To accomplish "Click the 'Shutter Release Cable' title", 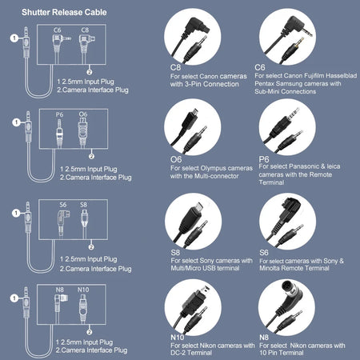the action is pyautogui.click(x=64, y=12).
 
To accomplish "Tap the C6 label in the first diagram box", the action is pyautogui.click(x=58, y=30).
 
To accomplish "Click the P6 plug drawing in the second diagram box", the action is pyautogui.click(x=59, y=133).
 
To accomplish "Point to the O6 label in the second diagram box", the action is pyautogui.click(x=83, y=114).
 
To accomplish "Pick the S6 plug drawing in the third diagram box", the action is pyautogui.click(x=63, y=223).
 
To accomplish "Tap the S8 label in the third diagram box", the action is pyautogui.click(x=83, y=205).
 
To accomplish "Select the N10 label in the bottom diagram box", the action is pyautogui.click(x=83, y=290).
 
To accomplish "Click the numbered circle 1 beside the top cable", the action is pyautogui.click(x=14, y=38).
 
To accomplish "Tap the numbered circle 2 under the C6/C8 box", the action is pyautogui.click(x=90, y=72).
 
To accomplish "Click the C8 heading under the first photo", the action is pyautogui.click(x=175, y=67).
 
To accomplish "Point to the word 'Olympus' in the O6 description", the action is pyautogui.click(x=213, y=168).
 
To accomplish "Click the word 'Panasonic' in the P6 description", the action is pyautogui.click(x=304, y=166).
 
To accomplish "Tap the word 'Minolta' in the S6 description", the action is pyautogui.click(x=270, y=268).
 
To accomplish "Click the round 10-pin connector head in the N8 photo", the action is pyautogui.click(x=290, y=288).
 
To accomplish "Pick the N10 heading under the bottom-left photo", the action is pyautogui.click(x=178, y=338).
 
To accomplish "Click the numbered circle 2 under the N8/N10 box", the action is pyautogui.click(x=90, y=332).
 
